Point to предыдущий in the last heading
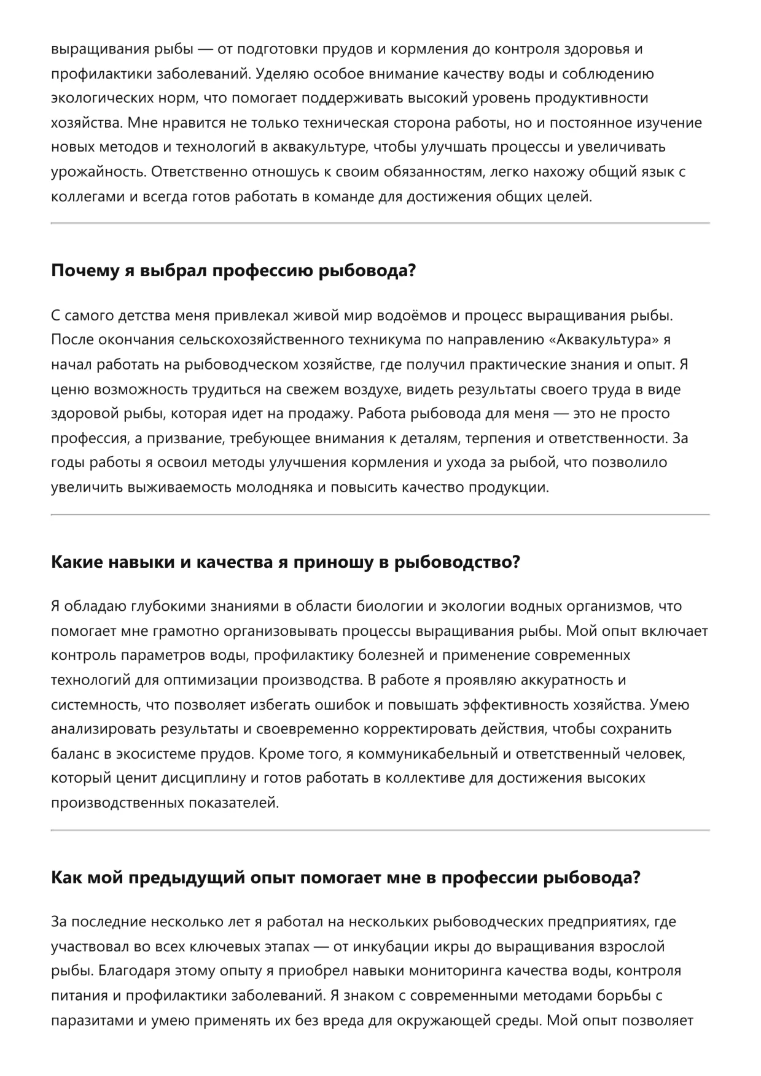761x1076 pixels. [x=187, y=877]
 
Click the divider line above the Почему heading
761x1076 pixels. [x=380, y=223]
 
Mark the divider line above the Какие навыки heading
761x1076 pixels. [x=380, y=514]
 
